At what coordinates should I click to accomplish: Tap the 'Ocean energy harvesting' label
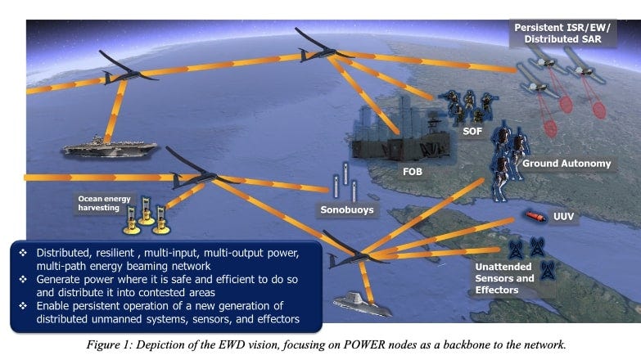[103, 201]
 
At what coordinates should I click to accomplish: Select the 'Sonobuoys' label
[346, 209]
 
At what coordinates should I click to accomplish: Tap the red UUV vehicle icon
[536, 217]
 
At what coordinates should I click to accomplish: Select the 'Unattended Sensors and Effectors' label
[505, 277]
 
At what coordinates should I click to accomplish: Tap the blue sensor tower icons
[526, 246]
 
